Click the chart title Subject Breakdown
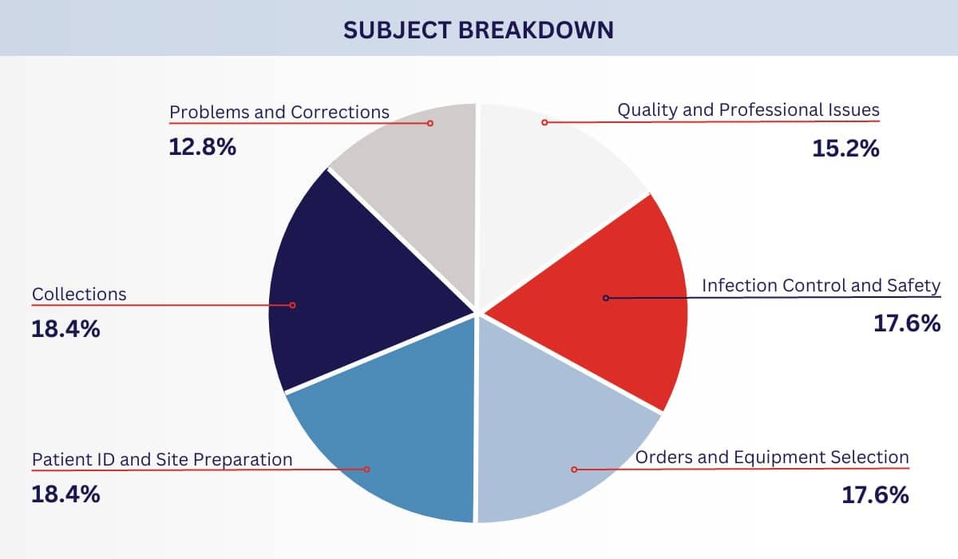(478, 30)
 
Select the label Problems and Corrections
(279, 112)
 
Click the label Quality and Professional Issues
(748, 110)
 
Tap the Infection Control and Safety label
(821, 285)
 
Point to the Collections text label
(79, 294)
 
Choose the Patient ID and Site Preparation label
(162, 459)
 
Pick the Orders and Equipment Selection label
(771, 458)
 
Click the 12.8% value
(202, 146)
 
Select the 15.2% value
(845, 148)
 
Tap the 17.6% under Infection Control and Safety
(907, 323)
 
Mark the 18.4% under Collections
(65, 329)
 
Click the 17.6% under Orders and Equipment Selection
(875, 495)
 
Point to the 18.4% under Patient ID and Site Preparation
(65, 494)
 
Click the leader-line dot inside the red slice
(606, 298)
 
